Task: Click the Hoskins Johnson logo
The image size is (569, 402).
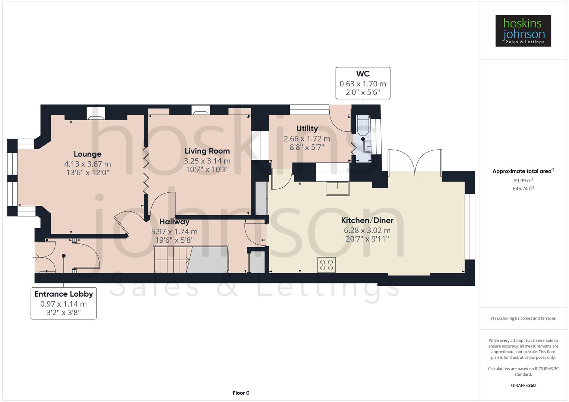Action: [523, 31]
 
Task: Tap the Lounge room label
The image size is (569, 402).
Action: [88, 154]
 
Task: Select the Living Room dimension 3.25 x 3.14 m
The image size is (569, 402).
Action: [207, 161]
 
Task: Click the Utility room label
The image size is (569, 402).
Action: [307, 129]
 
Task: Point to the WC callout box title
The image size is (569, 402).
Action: [363, 74]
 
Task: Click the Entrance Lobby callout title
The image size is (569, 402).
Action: [64, 294]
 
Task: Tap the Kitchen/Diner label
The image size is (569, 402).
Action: [367, 220]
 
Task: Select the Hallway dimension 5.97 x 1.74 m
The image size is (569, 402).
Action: [174, 232]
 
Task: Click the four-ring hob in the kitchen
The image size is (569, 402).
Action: [326, 265]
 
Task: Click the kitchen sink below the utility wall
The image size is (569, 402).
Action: [338, 188]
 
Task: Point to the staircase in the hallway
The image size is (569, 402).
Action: [172, 259]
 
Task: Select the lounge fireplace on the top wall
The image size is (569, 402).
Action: [96, 113]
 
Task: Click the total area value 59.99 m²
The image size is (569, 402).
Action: [523, 181]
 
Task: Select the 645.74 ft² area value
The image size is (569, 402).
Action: [523, 189]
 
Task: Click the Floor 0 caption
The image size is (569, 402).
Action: [241, 393]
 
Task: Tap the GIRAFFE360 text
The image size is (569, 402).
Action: [523, 385]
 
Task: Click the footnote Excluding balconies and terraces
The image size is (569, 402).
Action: [523, 318]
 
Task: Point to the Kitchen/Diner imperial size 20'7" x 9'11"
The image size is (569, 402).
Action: [367, 239]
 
